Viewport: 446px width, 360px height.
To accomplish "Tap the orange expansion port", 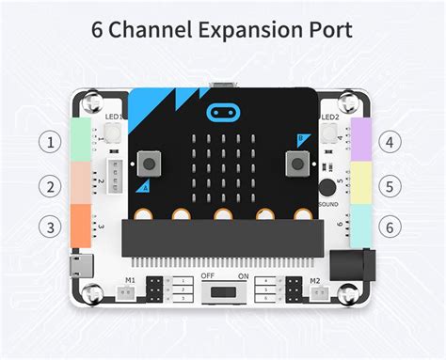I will tap(79, 226).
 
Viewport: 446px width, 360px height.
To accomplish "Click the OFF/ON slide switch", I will tap(222, 293).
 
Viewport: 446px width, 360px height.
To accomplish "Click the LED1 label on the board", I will tap(115, 117).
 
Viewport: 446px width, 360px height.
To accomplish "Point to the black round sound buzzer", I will tap(327, 185).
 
